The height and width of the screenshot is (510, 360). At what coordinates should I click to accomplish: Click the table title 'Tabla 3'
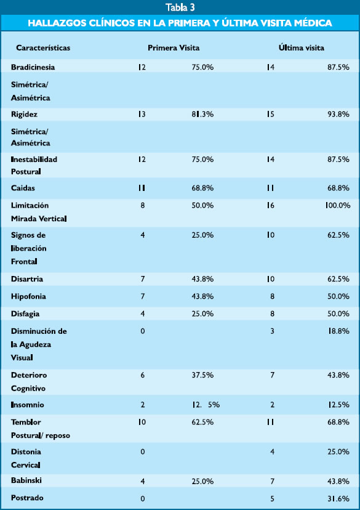tap(180, 7)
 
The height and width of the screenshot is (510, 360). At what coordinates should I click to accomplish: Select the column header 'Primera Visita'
tap(174, 48)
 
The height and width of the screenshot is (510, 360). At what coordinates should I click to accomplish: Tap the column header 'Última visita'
tap(301, 47)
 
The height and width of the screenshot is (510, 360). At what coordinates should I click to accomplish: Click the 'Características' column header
tap(43, 48)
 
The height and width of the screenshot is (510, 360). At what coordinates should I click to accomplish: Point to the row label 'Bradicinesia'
tap(33, 67)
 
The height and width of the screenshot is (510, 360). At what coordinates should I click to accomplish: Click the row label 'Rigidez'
tap(24, 114)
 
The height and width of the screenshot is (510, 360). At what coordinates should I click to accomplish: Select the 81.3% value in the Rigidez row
tap(202, 114)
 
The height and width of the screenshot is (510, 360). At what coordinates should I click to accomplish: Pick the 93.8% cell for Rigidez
tap(338, 114)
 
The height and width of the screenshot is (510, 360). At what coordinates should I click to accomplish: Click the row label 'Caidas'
tap(23, 188)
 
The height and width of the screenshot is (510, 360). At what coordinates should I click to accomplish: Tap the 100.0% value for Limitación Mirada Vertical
tap(338, 205)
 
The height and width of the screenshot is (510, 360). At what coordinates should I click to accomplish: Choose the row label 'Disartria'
tap(27, 279)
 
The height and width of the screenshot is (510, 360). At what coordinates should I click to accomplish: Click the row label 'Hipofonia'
tap(28, 296)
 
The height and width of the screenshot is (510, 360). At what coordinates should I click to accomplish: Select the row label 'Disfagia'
tap(25, 314)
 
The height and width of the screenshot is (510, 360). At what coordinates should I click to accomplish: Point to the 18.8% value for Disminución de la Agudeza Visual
tap(338, 331)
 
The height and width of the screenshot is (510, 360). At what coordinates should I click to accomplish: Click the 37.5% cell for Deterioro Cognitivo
tap(202, 375)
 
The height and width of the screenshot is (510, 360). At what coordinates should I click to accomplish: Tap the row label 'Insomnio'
tap(27, 405)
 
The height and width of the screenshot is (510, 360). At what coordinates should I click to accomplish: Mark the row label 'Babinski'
tap(26, 480)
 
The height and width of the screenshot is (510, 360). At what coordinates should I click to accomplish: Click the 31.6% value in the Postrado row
tap(338, 498)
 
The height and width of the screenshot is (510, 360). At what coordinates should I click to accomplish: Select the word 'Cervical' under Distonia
tap(25, 465)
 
